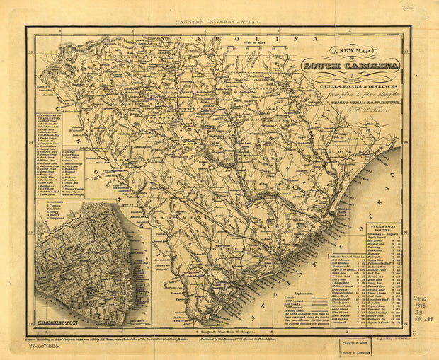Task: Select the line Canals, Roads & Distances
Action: tap(350, 86)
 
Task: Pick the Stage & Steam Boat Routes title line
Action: tap(350, 102)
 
